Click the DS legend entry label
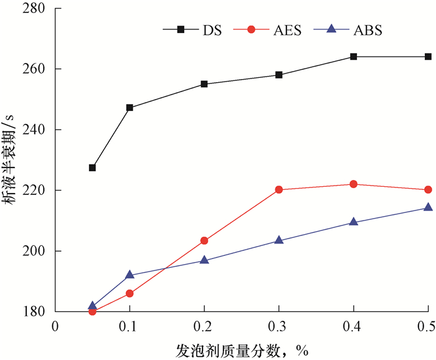coord(211,30)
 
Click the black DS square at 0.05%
coord(92,168)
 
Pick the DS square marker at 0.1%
coord(130,108)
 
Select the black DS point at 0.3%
coord(279,75)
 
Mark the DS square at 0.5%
coord(429,57)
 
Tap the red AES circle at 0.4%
coord(354,184)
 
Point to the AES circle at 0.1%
coord(130,293)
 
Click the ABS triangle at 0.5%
coord(429,207)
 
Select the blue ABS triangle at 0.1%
coord(130,275)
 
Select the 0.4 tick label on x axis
coord(353,325)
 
